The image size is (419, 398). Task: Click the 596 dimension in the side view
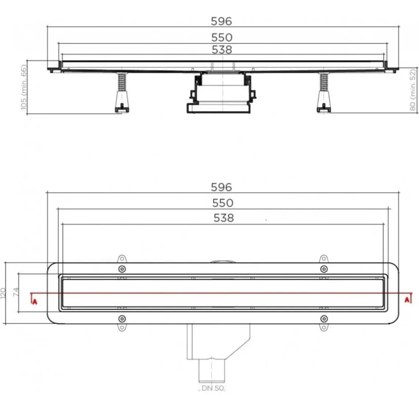point(221,21)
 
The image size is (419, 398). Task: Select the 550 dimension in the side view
point(221,38)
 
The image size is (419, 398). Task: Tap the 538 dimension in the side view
point(221,50)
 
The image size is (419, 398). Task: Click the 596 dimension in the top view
point(221,187)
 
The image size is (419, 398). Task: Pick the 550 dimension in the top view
point(222,203)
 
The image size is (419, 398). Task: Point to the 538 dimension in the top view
point(224,218)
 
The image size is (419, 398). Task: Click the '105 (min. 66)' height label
point(24,87)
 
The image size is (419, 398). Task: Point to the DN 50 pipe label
point(213,388)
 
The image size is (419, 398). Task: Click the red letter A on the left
point(35,301)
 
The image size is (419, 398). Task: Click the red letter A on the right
point(407,300)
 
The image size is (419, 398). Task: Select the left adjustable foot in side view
point(121,94)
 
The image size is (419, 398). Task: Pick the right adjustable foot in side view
point(324,94)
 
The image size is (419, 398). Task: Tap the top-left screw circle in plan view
point(122,268)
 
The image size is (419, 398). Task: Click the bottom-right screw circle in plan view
point(324,318)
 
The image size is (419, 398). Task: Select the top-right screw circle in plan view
point(324,268)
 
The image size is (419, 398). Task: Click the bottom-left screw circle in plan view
point(122,318)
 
